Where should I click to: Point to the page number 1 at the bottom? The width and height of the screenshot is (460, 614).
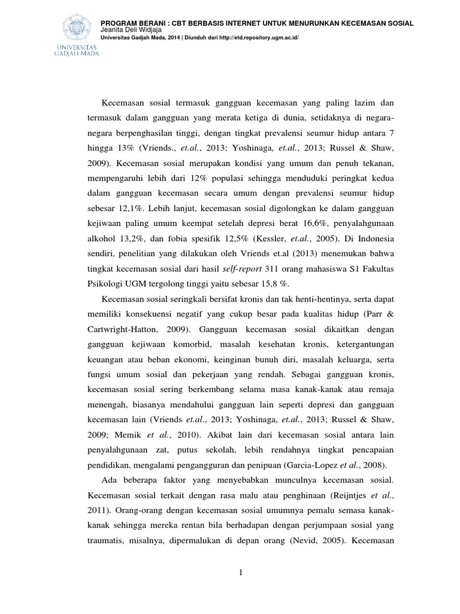[240, 573]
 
